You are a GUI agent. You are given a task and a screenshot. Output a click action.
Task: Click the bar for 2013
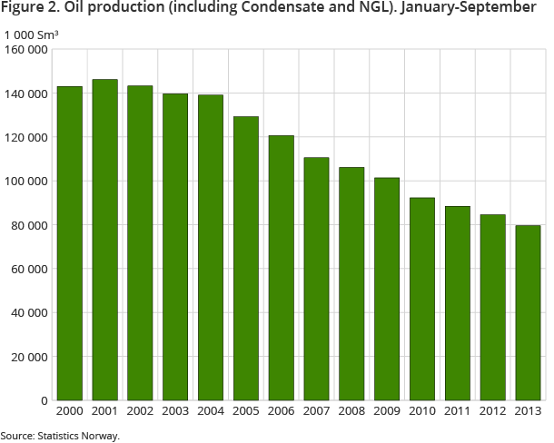tap(528, 312)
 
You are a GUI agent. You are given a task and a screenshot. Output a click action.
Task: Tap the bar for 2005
tap(246, 258)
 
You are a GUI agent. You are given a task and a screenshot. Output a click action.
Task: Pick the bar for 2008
tap(351, 283)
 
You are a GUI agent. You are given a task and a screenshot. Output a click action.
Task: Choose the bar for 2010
tap(422, 299)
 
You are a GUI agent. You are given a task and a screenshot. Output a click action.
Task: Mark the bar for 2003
tap(175, 247)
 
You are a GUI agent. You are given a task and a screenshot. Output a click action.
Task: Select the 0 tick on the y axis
tap(44, 400)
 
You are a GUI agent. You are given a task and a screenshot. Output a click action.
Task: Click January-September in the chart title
tap(469, 10)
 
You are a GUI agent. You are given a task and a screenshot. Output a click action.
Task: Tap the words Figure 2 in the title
tap(28, 10)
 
